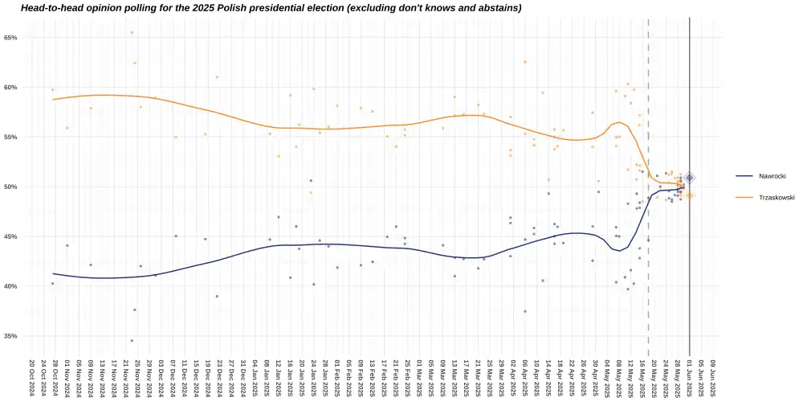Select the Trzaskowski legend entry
tap(760, 197)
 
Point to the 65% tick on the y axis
tap(10, 38)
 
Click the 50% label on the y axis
tap(10, 187)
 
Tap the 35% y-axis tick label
tap(10, 336)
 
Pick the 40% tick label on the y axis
tap(10, 286)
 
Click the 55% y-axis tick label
tap(10, 137)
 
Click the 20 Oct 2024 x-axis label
tap(31, 376)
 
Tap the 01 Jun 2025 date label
tap(690, 376)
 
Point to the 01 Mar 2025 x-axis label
tap(419, 376)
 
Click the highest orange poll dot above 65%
tap(132, 33)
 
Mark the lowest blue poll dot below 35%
tap(132, 341)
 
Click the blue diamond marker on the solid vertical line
tap(689, 178)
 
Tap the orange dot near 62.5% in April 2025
tap(525, 62)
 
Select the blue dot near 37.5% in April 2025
tap(525, 311)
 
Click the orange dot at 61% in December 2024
tap(217, 77)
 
